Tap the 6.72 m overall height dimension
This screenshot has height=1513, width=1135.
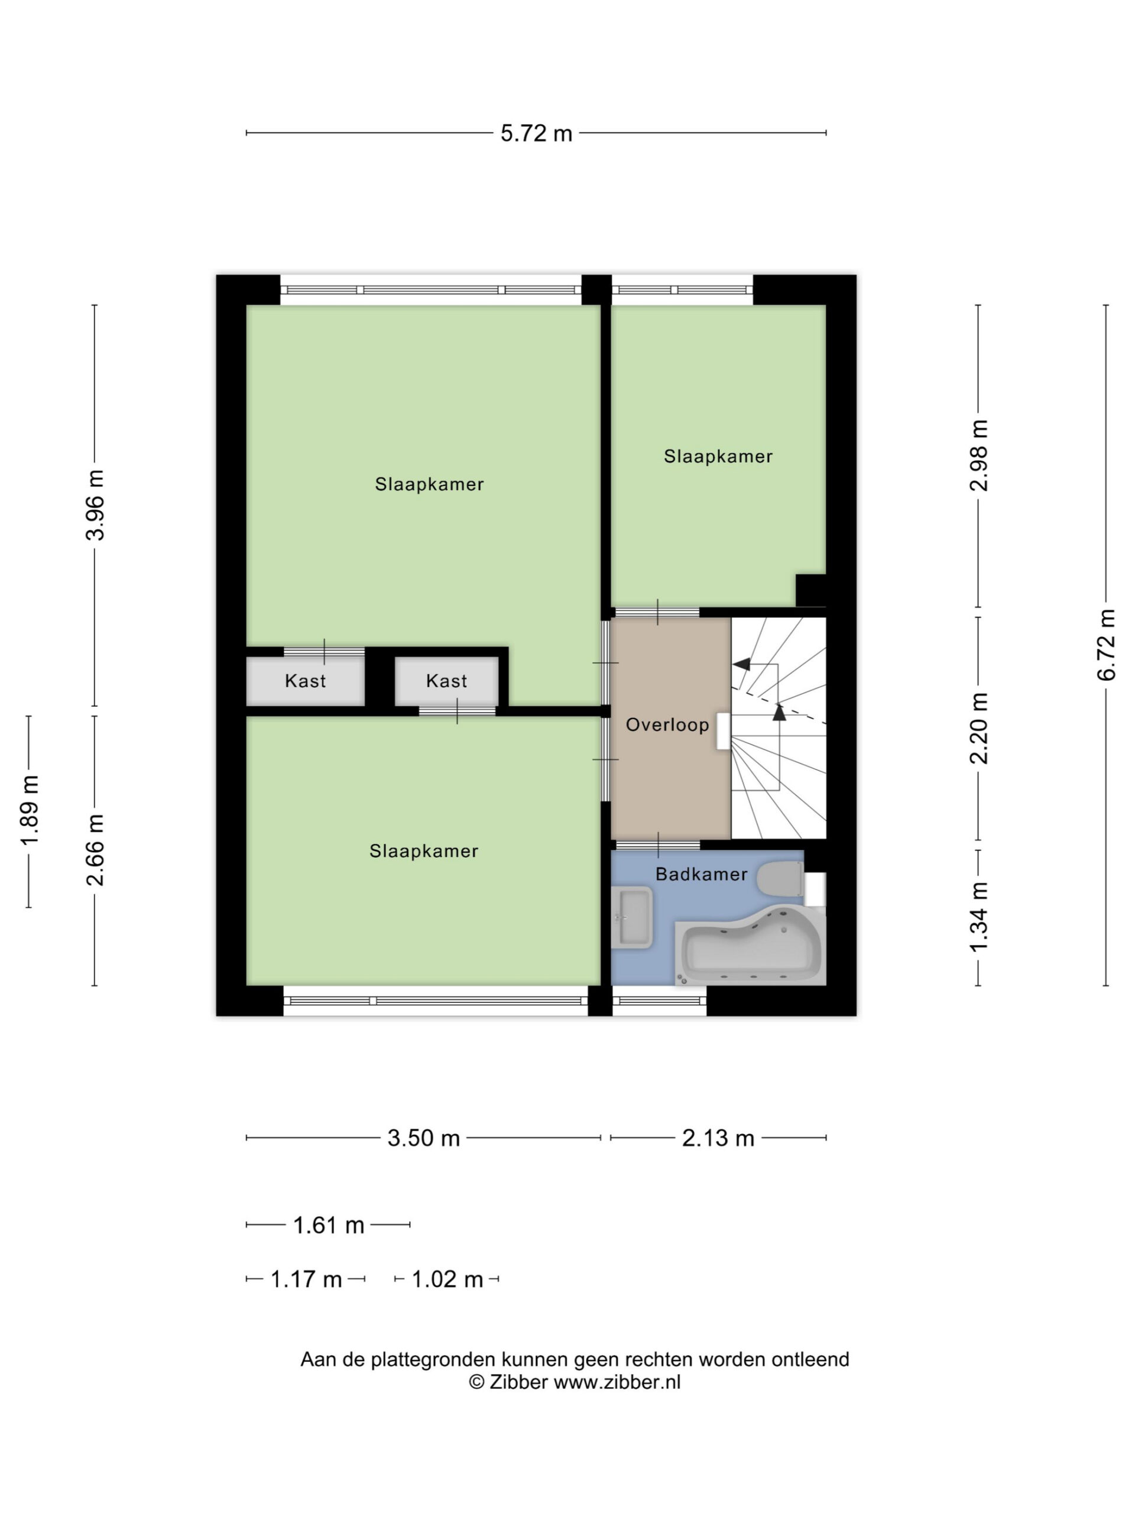click(1105, 644)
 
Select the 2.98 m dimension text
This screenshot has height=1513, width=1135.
click(978, 456)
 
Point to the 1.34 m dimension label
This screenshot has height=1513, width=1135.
click(978, 917)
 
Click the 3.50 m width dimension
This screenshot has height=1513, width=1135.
click(423, 1138)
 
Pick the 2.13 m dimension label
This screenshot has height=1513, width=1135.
click(718, 1138)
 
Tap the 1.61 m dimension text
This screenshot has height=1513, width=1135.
click(329, 1225)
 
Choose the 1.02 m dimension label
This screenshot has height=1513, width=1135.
click(447, 1279)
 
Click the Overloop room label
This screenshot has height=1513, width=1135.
click(667, 725)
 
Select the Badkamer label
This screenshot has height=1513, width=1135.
click(701, 874)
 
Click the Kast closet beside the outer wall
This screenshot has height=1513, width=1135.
click(305, 681)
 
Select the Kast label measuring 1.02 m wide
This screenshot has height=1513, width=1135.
click(446, 681)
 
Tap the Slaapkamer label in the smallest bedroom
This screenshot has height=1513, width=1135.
click(718, 456)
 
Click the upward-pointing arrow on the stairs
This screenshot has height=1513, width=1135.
click(779, 712)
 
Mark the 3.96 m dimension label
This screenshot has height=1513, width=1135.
click(95, 505)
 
